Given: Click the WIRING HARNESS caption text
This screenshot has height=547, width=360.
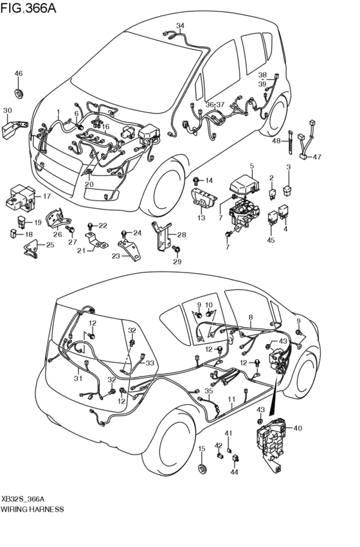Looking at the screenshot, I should (32, 508).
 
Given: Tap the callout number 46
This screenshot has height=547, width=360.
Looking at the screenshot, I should (18, 74).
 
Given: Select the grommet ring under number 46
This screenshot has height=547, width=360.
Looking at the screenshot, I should (19, 94).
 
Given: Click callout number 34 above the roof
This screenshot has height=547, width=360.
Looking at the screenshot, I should (180, 26).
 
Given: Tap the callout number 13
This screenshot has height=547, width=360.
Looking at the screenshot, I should (201, 218).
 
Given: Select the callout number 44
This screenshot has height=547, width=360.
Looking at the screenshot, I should (234, 472).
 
